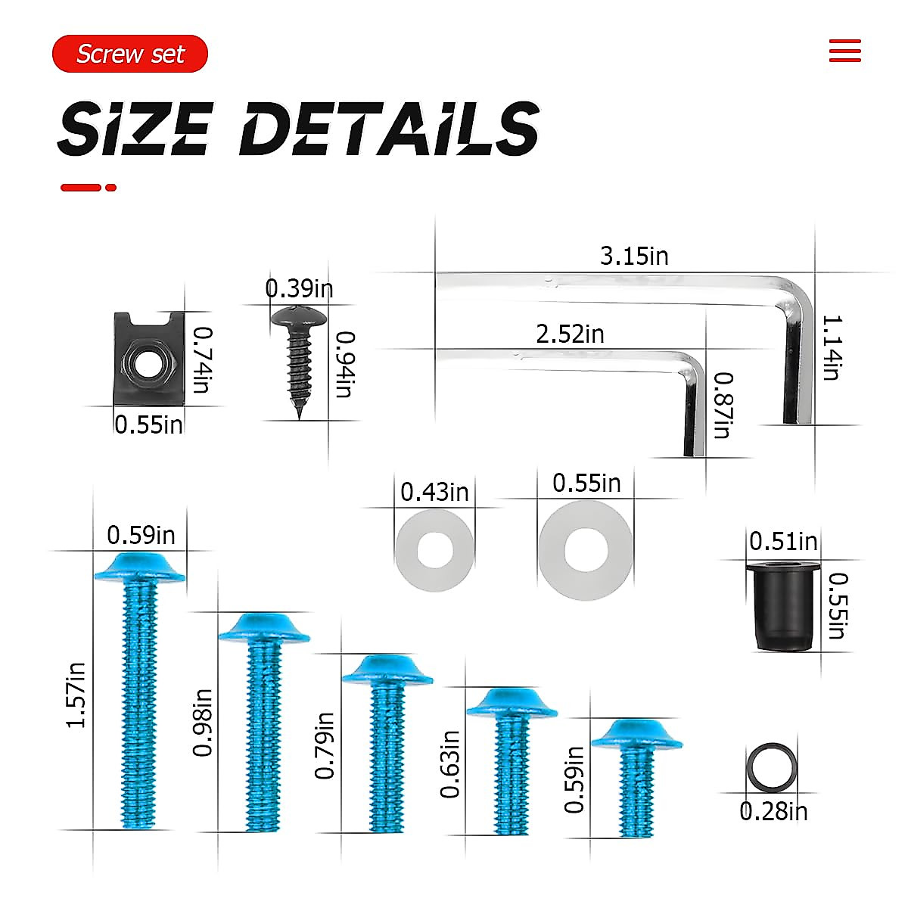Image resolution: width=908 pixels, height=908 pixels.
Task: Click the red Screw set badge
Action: [x=130, y=54]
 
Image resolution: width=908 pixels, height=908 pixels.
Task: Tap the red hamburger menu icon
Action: [x=844, y=51]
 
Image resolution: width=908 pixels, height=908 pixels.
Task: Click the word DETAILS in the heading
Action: [x=389, y=129]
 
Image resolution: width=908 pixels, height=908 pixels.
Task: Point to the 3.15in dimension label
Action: [x=634, y=257]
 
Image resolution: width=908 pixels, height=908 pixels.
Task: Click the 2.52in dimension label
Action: [x=570, y=334]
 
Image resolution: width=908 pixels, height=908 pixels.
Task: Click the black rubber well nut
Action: [x=783, y=605]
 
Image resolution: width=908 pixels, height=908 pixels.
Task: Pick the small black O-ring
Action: [x=772, y=767]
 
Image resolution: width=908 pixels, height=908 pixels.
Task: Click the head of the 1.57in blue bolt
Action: [x=140, y=567]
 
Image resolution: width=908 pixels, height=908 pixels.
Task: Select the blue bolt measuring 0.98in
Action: [x=264, y=719]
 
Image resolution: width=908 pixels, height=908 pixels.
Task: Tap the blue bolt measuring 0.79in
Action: [x=387, y=742]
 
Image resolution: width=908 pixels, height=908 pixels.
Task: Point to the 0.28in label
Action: [x=773, y=811]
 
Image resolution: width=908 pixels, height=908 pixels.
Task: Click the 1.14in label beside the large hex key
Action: [x=831, y=348]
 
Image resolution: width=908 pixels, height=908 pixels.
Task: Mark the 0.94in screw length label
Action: [x=344, y=364]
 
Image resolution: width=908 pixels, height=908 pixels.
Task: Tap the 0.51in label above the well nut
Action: [x=783, y=542]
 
